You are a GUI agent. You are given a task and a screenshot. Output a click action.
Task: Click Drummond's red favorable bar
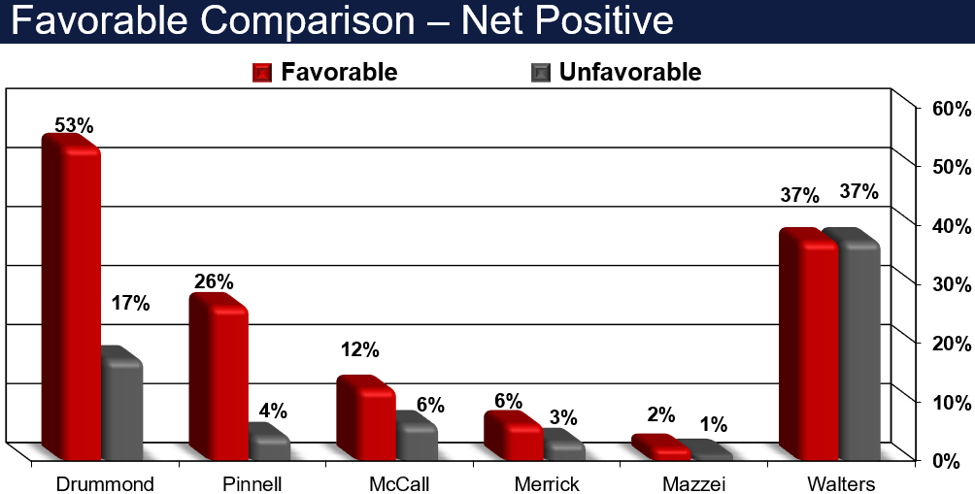coord(70,297)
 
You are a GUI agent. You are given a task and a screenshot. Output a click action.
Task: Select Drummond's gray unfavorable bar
coord(122,404)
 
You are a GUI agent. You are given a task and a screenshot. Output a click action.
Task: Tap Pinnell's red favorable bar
coord(219,377)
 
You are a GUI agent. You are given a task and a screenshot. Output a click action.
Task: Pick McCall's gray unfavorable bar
coord(416,436)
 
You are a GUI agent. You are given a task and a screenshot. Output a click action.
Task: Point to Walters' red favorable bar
coord(808,345)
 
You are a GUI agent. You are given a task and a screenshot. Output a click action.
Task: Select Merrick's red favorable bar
coord(513,436)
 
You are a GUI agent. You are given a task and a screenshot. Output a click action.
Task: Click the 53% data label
coord(74,125)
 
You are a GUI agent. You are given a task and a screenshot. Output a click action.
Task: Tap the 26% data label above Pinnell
coord(214,282)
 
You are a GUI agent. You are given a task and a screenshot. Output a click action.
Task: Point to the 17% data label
coord(130,303)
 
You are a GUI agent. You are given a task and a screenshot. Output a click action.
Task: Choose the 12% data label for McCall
coord(360,349)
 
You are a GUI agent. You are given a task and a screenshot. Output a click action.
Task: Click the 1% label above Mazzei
coord(713,424)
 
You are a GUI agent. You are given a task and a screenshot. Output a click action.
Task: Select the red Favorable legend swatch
coord(262,73)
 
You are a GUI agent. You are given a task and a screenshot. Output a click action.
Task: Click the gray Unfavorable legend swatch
coord(540,73)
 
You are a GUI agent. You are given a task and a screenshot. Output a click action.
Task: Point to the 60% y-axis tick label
coord(952,109)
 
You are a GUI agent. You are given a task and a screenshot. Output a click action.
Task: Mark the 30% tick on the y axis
coord(952,284)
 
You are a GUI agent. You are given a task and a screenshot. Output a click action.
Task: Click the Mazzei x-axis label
coord(693,483)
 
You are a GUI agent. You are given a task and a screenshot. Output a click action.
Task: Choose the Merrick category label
coord(547,483)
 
